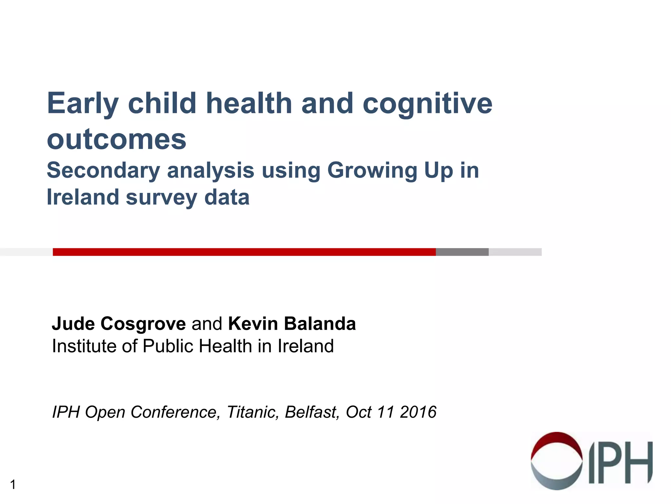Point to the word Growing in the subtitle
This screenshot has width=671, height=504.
(x=372, y=171)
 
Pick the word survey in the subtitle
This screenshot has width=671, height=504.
(x=161, y=198)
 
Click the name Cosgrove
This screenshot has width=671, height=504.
(x=143, y=324)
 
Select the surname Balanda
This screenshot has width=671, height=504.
(x=320, y=324)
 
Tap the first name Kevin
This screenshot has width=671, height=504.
(x=253, y=324)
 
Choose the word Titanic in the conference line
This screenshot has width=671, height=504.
(x=253, y=412)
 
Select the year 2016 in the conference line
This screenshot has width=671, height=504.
(x=418, y=412)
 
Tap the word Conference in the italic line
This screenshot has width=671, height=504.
(x=175, y=412)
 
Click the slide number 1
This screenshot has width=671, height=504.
(x=13, y=484)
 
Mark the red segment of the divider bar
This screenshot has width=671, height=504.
(x=244, y=252)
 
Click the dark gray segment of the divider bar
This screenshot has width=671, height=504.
(x=462, y=252)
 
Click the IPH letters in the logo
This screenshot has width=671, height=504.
(x=620, y=463)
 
